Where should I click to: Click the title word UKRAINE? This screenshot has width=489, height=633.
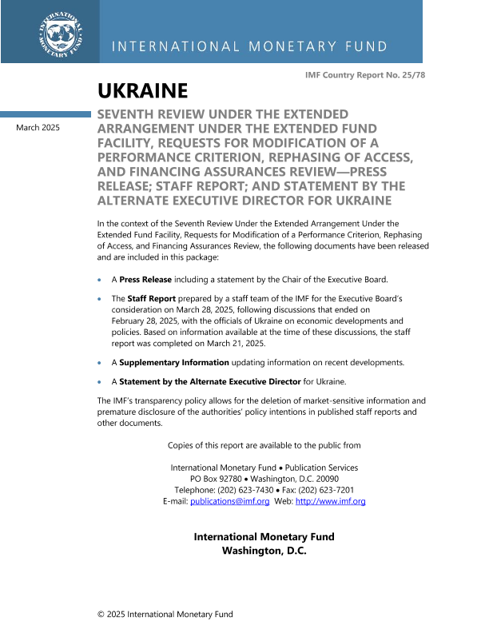pos(142,90)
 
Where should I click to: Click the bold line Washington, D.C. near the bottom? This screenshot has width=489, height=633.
pos(264,551)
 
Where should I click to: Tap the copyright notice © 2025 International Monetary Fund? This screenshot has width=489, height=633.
pos(165,614)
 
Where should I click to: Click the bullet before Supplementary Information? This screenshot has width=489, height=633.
pos(99,363)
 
